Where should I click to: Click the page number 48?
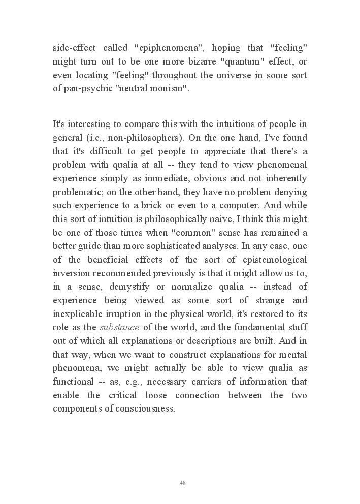[182, 483]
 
